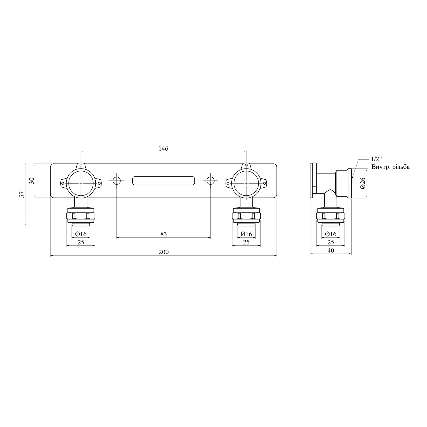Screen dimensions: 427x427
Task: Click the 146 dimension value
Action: (163, 148)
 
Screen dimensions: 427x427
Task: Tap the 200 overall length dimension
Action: (163, 252)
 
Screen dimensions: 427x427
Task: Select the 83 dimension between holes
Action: (163, 234)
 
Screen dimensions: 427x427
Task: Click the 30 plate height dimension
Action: (32, 180)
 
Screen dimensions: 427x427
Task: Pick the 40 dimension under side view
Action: (331, 250)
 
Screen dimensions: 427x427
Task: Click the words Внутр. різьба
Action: (390, 167)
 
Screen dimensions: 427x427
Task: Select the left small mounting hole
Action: (116, 180)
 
